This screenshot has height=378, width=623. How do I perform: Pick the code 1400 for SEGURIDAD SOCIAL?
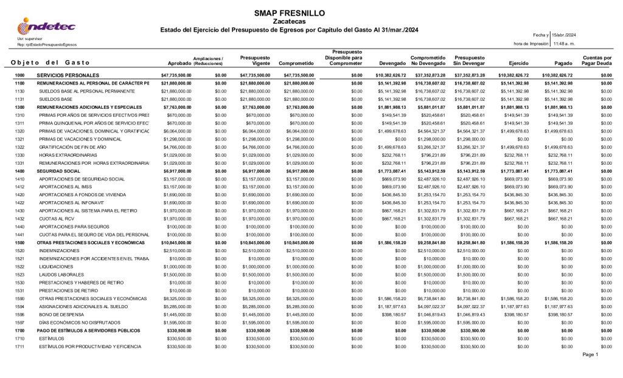click(19, 171)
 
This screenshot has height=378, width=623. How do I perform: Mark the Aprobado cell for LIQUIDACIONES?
click(176, 266)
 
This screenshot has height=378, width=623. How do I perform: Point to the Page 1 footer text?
click(590, 354)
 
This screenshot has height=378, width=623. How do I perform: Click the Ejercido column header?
click(510, 63)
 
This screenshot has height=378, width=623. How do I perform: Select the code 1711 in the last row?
click(19, 346)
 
